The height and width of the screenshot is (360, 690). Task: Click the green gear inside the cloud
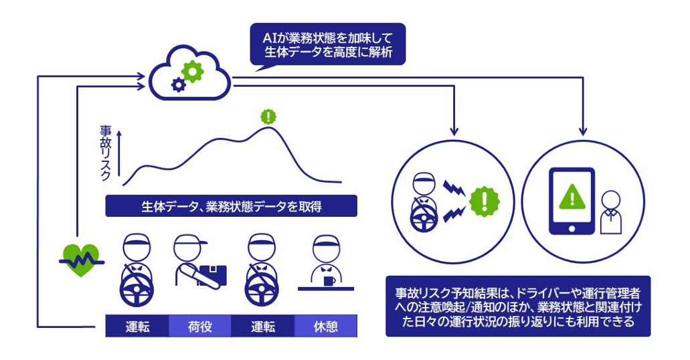[x=192, y=71]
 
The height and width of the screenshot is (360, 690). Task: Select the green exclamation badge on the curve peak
[x=268, y=116]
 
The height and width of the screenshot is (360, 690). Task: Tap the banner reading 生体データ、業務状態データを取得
[x=231, y=206]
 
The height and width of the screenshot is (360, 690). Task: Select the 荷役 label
[x=199, y=327]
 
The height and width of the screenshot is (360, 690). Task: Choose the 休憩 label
[x=326, y=327]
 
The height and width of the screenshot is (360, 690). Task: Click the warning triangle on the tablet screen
[x=572, y=195]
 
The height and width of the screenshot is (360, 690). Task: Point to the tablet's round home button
[x=572, y=228]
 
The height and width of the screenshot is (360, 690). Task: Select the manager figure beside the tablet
[x=610, y=212]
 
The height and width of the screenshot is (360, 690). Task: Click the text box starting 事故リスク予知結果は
[x=518, y=306]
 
